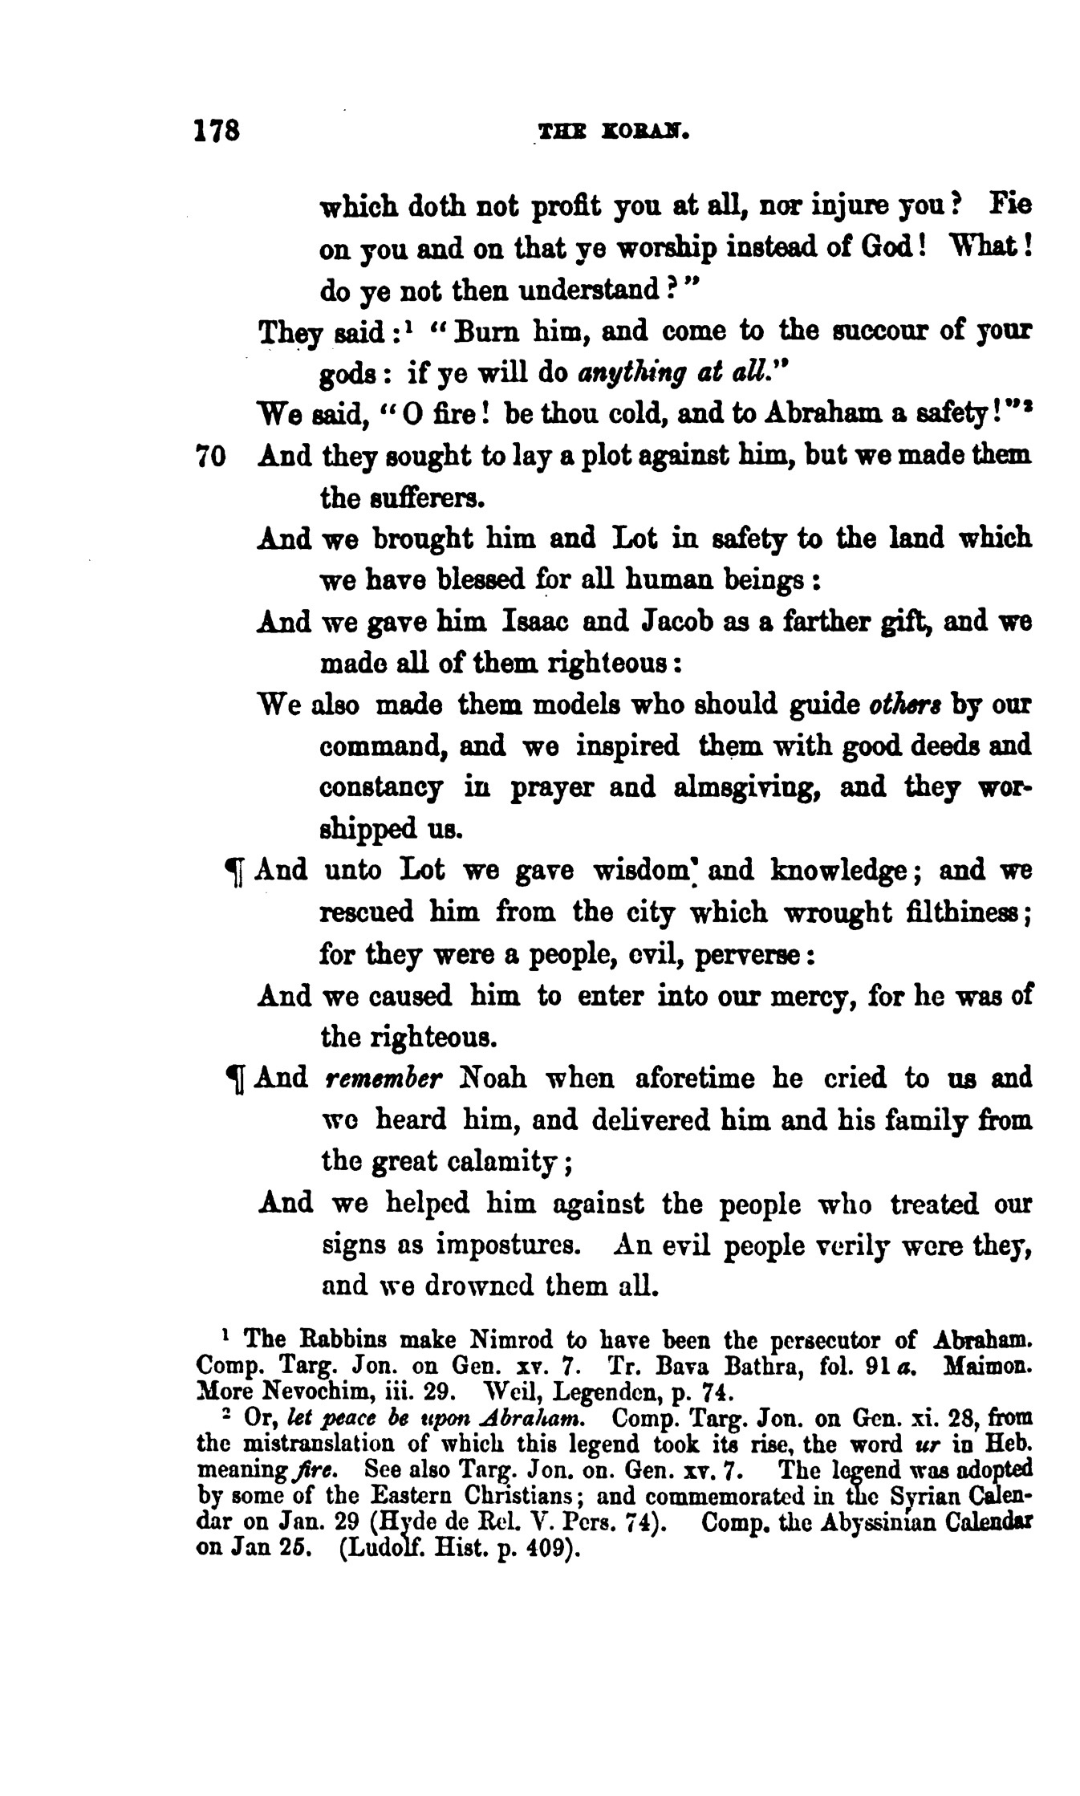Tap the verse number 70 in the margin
coord(213,457)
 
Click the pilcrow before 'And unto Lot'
coord(235,873)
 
